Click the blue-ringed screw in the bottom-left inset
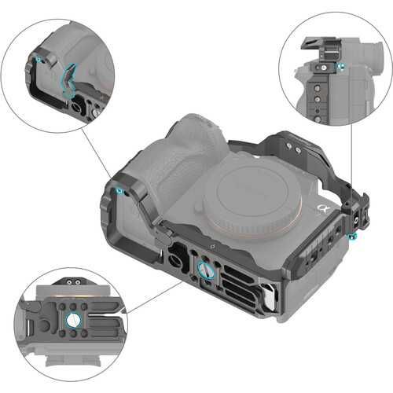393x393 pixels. click(72, 320)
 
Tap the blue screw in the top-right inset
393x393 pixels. click(340, 68)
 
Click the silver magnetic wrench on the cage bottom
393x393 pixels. click(267, 297)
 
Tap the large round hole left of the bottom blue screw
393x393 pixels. click(174, 255)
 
